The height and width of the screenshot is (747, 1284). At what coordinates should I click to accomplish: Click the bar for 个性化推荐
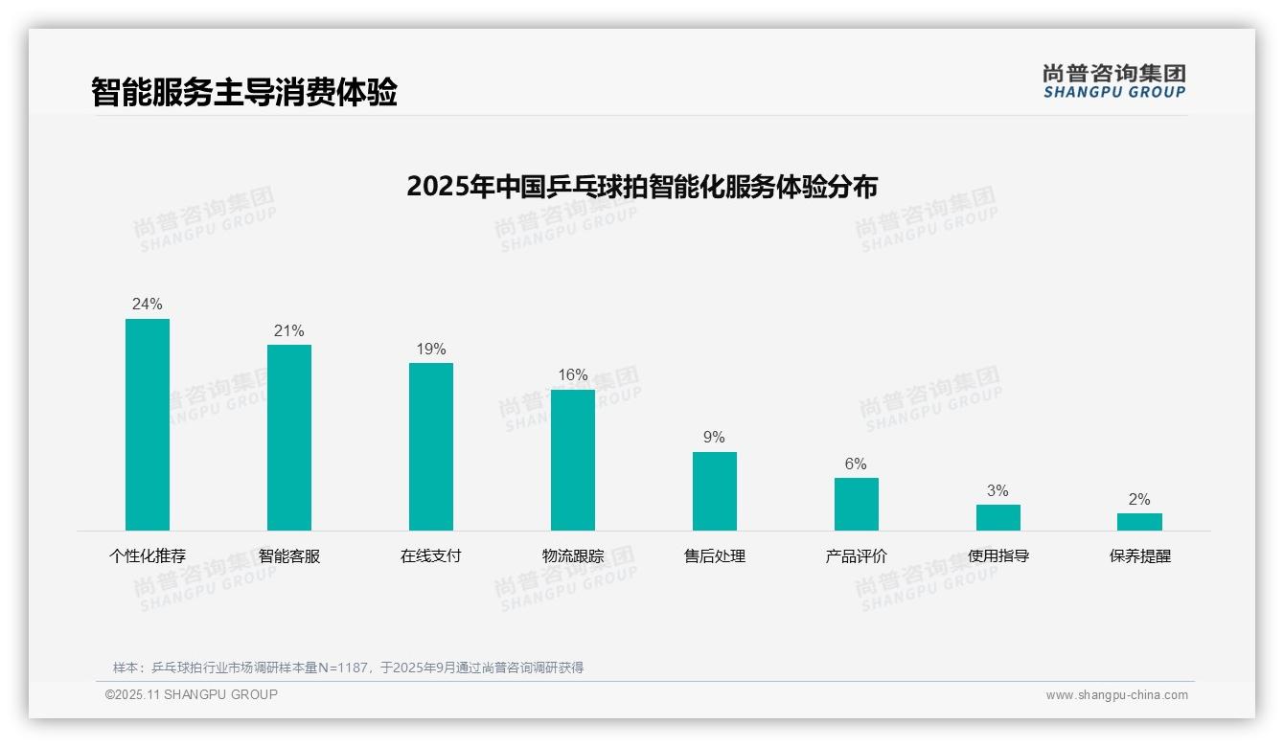148,424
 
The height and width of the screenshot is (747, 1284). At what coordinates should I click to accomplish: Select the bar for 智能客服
289,438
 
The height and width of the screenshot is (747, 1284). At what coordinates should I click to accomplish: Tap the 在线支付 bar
431,446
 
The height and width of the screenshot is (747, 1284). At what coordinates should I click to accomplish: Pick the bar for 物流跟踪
573,460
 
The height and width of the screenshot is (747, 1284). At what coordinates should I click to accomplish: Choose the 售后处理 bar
715,491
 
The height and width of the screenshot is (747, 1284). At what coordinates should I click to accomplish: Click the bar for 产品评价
857,504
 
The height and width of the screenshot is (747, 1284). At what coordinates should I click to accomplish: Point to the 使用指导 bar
998,517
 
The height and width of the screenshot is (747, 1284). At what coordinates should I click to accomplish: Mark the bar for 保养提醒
1139,522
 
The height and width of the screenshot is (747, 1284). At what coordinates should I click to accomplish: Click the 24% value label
148,305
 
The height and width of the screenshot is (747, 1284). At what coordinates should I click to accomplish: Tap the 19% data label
431,350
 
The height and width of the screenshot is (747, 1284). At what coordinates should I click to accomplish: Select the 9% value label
715,438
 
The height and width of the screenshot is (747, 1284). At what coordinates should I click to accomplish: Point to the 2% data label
1139,500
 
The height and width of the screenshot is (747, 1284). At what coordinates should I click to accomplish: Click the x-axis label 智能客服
289,556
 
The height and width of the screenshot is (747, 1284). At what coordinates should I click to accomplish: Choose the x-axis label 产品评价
857,556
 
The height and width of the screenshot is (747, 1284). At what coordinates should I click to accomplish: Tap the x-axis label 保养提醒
1140,556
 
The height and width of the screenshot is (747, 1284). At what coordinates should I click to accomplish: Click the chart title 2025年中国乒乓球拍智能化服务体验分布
642,186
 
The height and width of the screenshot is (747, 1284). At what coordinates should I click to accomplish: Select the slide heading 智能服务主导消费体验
244,93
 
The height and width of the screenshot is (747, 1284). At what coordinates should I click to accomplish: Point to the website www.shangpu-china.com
1116,695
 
